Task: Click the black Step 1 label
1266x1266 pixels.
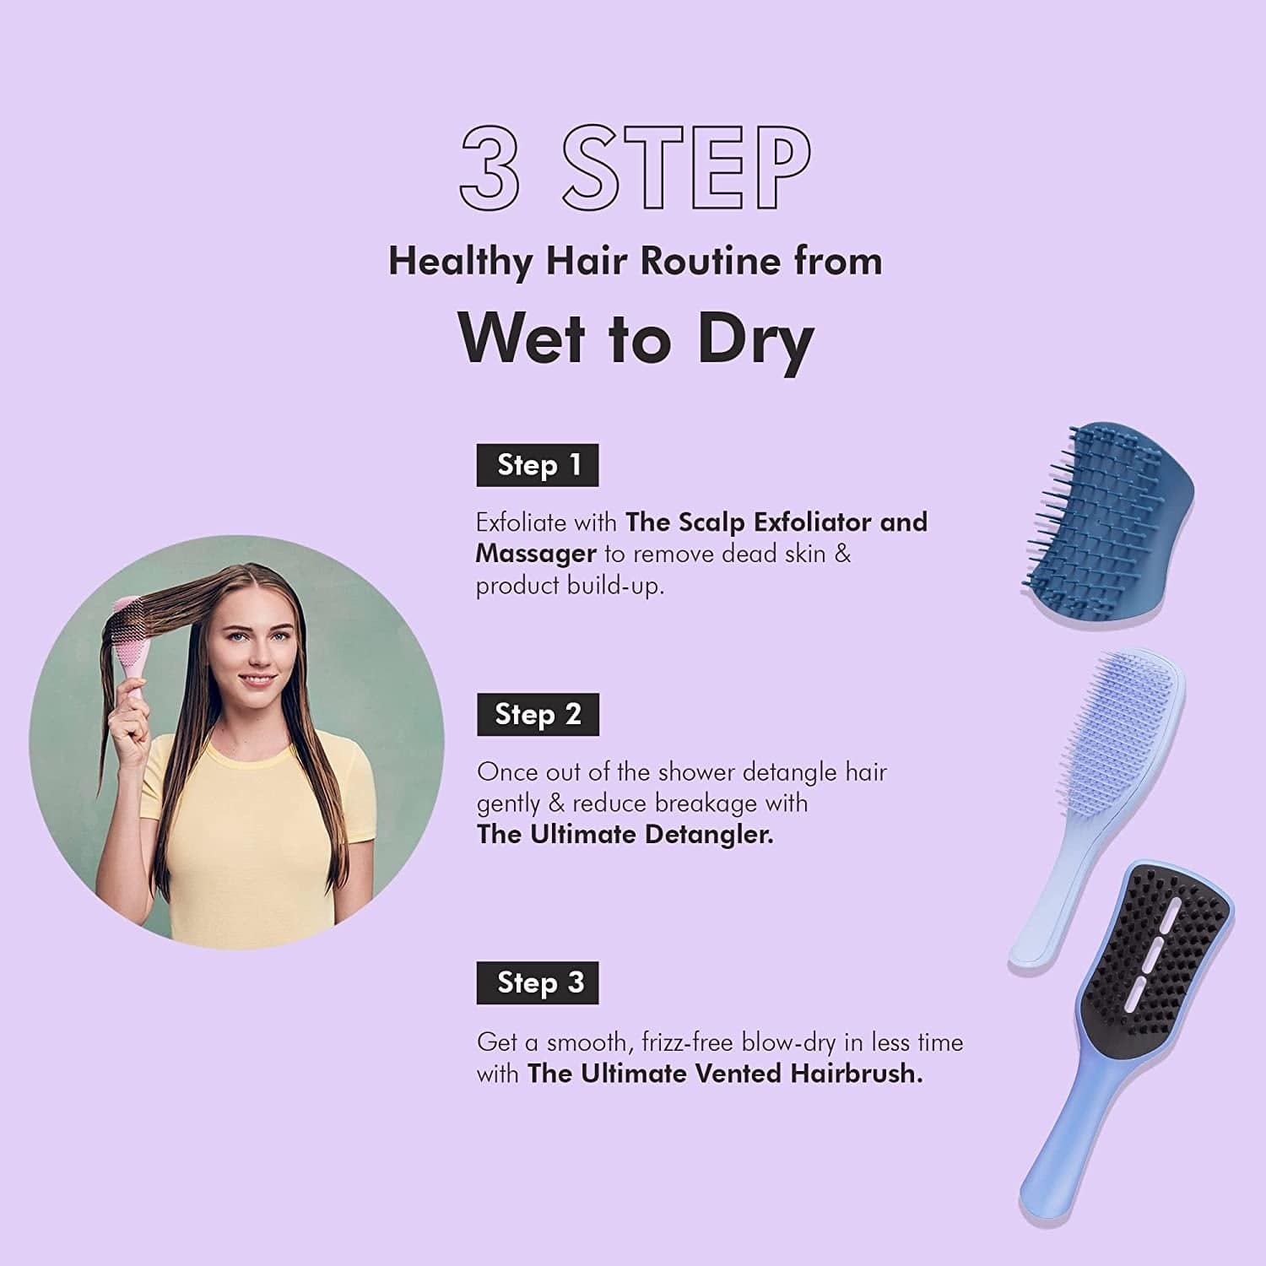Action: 538,465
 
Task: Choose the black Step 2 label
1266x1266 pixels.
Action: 538,715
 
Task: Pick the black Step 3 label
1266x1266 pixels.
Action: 538,982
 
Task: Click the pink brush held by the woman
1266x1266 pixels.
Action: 131,641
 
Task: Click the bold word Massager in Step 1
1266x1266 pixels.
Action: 536,554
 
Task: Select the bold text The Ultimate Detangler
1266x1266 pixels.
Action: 625,835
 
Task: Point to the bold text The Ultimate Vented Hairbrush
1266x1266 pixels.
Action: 724,1074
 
